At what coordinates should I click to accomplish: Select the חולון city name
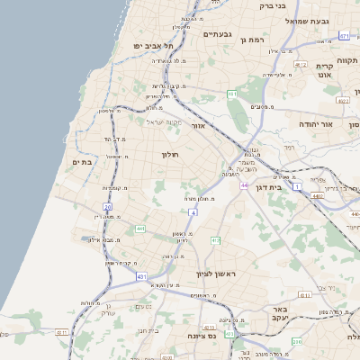[x=170, y=155]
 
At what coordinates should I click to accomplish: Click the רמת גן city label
[x=256, y=40]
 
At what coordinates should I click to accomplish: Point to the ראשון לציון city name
[x=218, y=273]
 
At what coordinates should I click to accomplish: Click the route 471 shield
[x=344, y=36]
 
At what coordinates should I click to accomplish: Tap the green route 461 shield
[x=231, y=94]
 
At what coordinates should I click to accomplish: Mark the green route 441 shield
[x=140, y=229]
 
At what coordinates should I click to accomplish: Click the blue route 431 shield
[x=141, y=276]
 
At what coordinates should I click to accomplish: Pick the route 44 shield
[x=244, y=185]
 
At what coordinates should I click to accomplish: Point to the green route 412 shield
[x=215, y=240]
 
